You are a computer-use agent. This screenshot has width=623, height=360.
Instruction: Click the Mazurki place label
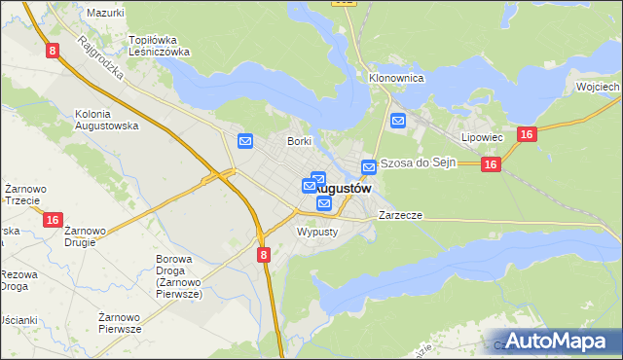pos(105,13)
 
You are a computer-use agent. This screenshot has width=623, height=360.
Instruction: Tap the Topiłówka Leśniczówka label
pos(160,46)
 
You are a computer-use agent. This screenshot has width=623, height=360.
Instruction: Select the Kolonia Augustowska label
pos(106,120)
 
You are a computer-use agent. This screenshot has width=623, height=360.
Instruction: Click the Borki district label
pos(298,141)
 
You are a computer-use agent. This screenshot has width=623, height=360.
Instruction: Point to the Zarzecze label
pos(400,214)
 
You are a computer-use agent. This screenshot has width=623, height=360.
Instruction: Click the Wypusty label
pos(316,233)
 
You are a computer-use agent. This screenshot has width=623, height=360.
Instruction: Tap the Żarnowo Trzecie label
pos(21,194)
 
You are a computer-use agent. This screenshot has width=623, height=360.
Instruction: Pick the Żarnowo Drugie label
pos(86,236)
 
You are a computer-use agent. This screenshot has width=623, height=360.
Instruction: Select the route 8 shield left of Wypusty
pos(264,254)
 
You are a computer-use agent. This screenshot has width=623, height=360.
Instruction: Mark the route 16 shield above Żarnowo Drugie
pos(54,221)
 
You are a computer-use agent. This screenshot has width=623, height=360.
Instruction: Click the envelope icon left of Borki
pos(245,142)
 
